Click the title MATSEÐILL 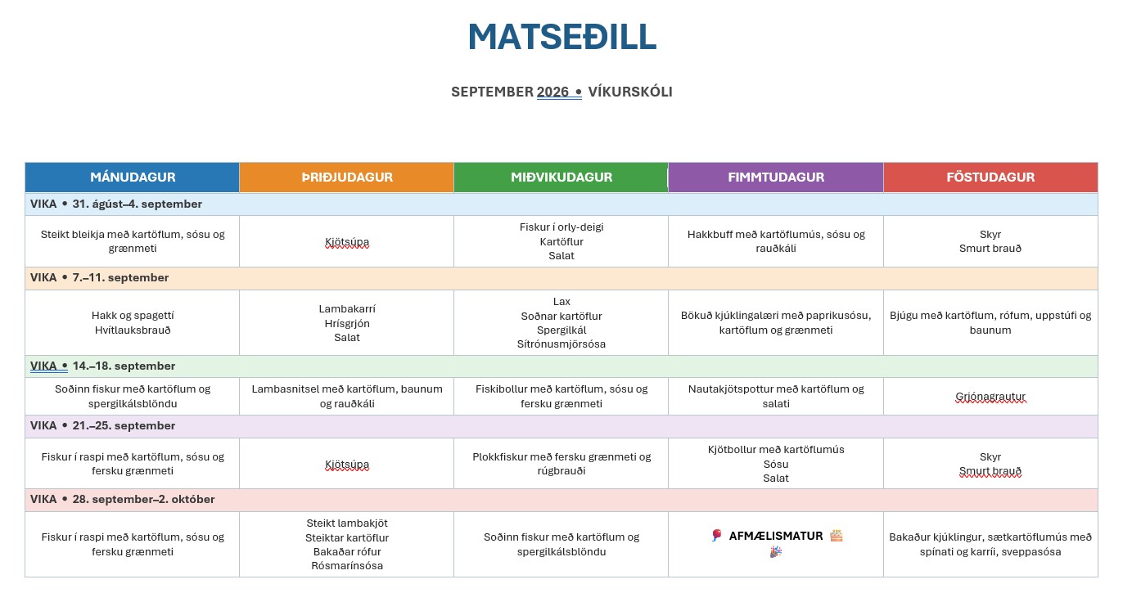561,37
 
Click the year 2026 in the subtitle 552,92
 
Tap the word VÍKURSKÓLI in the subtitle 630,92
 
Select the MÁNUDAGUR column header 133,177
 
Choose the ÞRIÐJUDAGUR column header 347,177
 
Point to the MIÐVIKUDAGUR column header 561,177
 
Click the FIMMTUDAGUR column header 776,177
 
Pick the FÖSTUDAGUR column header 990,177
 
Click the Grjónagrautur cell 990,396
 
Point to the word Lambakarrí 347,309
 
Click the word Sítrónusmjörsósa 561,344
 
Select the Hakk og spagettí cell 133,322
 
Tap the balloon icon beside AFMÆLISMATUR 717,536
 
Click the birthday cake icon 837,536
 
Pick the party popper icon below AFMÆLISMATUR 776,552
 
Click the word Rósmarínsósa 347,566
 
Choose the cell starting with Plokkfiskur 561,463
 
